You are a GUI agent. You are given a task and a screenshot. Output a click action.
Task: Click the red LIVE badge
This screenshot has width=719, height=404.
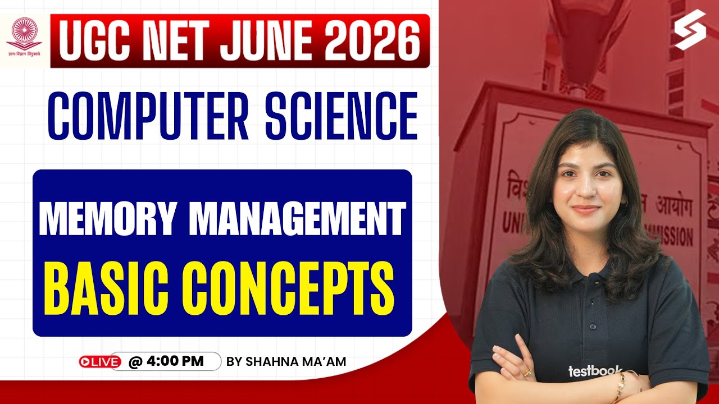100,362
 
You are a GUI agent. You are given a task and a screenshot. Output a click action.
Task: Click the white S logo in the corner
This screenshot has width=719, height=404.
690,29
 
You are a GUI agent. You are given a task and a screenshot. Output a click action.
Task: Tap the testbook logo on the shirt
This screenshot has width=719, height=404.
594,371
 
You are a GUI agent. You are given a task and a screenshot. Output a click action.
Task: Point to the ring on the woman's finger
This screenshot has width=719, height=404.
527,372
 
